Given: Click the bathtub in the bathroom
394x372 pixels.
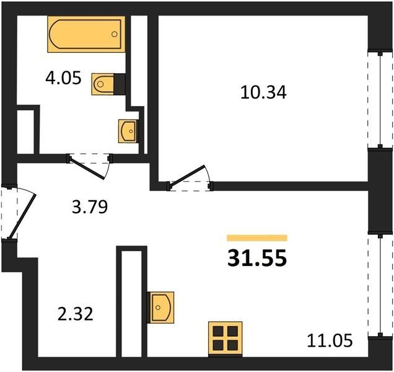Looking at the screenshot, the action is (x=86, y=34).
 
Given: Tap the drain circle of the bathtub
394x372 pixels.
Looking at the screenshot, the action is (x=115, y=34).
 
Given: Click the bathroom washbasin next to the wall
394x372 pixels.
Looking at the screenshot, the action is (x=128, y=131).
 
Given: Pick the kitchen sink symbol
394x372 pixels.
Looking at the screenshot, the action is (x=160, y=308).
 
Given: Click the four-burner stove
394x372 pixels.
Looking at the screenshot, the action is (x=225, y=339).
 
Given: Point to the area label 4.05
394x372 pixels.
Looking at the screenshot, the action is (x=64, y=78).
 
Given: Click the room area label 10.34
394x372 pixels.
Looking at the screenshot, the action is (x=263, y=92).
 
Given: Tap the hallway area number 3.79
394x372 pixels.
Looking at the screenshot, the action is (x=90, y=207).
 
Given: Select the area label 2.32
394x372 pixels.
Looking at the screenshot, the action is (x=76, y=314).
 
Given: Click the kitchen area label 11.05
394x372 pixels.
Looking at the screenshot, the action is (x=330, y=341).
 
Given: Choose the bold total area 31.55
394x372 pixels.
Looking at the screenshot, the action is (x=257, y=258).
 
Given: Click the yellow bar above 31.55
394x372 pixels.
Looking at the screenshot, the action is (x=257, y=238).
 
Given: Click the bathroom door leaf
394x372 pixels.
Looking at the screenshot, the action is (x=87, y=168).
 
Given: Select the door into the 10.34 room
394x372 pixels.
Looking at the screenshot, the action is (x=188, y=177).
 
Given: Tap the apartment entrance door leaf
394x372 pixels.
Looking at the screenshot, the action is (x=22, y=216).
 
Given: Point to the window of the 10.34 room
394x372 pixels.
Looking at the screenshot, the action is (x=380, y=100).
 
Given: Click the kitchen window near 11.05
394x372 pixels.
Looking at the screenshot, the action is (x=380, y=286).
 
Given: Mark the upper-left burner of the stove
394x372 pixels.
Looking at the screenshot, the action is (x=218, y=332).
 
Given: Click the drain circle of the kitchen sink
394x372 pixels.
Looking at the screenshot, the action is (x=158, y=308).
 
